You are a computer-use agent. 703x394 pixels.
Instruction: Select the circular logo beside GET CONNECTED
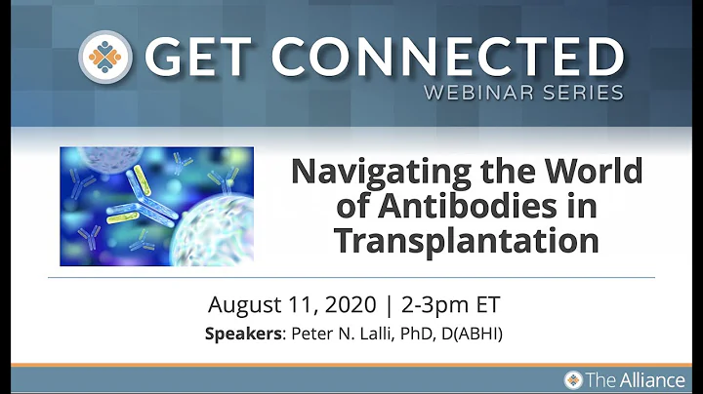(106, 58)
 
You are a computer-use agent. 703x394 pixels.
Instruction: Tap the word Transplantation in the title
(466, 239)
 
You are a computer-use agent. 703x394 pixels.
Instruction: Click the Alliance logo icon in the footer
(574, 379)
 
